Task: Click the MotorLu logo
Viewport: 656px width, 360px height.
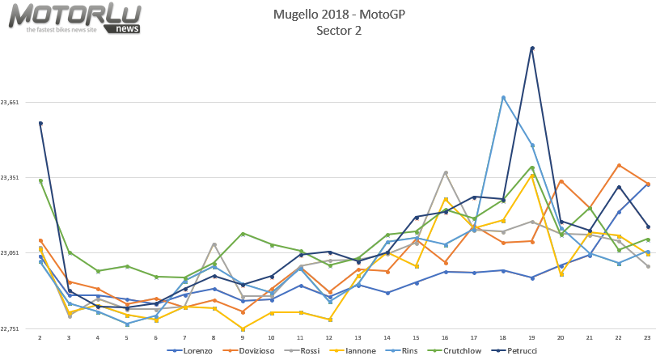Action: coord(75,18)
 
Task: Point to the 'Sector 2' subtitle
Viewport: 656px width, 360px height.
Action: coord(339,31)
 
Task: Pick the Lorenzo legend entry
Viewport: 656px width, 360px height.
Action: coord(193,351)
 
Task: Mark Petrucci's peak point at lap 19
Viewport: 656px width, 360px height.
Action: coord(531,48)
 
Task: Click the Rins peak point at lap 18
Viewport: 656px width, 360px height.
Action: coord(503,97)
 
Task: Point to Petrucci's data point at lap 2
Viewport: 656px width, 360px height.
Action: coord(40,123)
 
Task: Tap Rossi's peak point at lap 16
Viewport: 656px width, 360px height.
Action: coord(445,172)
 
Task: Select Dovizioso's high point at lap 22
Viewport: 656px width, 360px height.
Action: coord(619,165)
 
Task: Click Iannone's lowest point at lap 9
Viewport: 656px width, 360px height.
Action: coord(243,328)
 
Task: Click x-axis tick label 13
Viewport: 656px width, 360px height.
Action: coord(358,337)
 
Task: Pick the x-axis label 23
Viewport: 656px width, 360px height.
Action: coord(647,337)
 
